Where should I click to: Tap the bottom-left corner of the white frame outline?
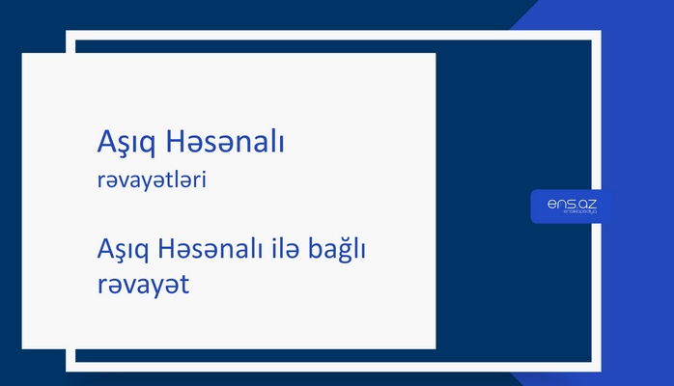coord(69,369)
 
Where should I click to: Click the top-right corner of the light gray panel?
coord(435,54)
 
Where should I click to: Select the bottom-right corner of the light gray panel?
coord(435,347)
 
